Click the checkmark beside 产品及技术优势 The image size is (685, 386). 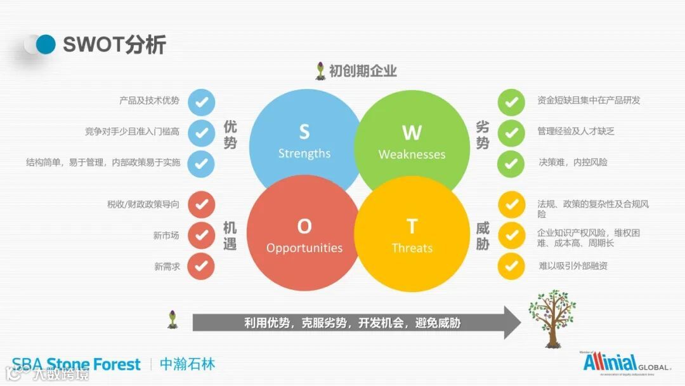(x=202, y=102)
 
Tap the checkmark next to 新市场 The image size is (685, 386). (x=202, y=236)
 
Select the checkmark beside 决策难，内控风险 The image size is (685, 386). (x=511, y=163)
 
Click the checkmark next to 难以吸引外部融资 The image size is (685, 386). (x=511, y=266)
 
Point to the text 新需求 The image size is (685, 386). (x=167, y=267)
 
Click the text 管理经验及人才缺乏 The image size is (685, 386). (x=575, y=131)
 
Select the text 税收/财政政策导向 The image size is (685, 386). (x=143, y=204)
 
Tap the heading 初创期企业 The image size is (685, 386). (x=363, y=70)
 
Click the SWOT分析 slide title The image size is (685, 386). (x=114, y=44)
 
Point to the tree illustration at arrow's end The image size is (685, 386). (x=552, y=317)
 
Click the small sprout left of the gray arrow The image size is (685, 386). (x=172, y=319)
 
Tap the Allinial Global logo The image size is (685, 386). (x=624, y=364)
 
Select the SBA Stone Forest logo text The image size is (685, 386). (x=76, y=364)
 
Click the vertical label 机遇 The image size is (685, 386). (x=230, y=236)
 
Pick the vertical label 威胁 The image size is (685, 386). (x=483, y=236)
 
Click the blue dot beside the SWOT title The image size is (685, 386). (x=46, y=44)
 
